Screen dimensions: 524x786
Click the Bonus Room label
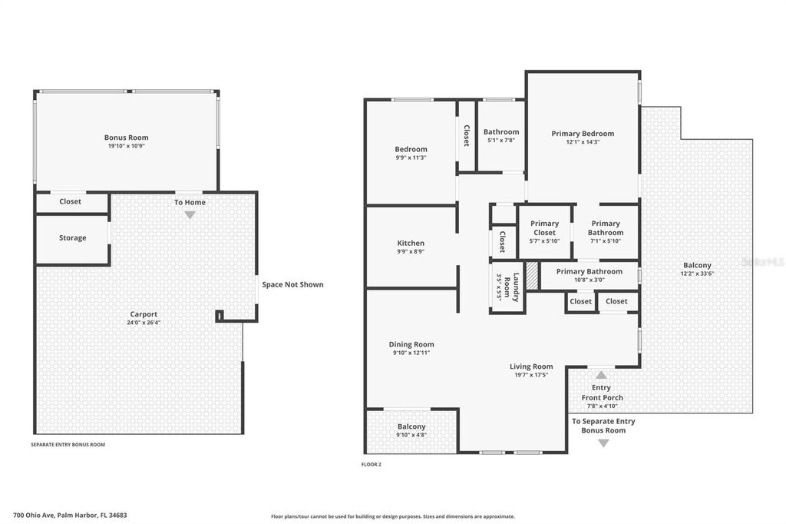[127, 138]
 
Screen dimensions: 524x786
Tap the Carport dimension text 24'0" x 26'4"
[144, 323]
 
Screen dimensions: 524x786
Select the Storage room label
[73, 238]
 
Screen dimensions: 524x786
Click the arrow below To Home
[190, 215]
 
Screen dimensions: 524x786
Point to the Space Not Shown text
[292, 284]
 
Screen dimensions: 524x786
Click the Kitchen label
[411, 244]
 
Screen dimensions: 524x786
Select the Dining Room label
[411, 344]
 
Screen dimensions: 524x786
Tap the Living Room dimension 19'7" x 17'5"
[531, 376]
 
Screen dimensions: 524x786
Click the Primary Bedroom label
[583, 134]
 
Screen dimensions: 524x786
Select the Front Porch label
[602, 397]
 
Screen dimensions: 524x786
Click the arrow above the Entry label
[601, 375]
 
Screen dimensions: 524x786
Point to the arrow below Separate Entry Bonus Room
[603, 443]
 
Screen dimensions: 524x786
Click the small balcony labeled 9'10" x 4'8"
[411, 431]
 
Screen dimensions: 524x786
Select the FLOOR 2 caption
[371, 464]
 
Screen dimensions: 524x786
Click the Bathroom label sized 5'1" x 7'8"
[501, 132]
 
